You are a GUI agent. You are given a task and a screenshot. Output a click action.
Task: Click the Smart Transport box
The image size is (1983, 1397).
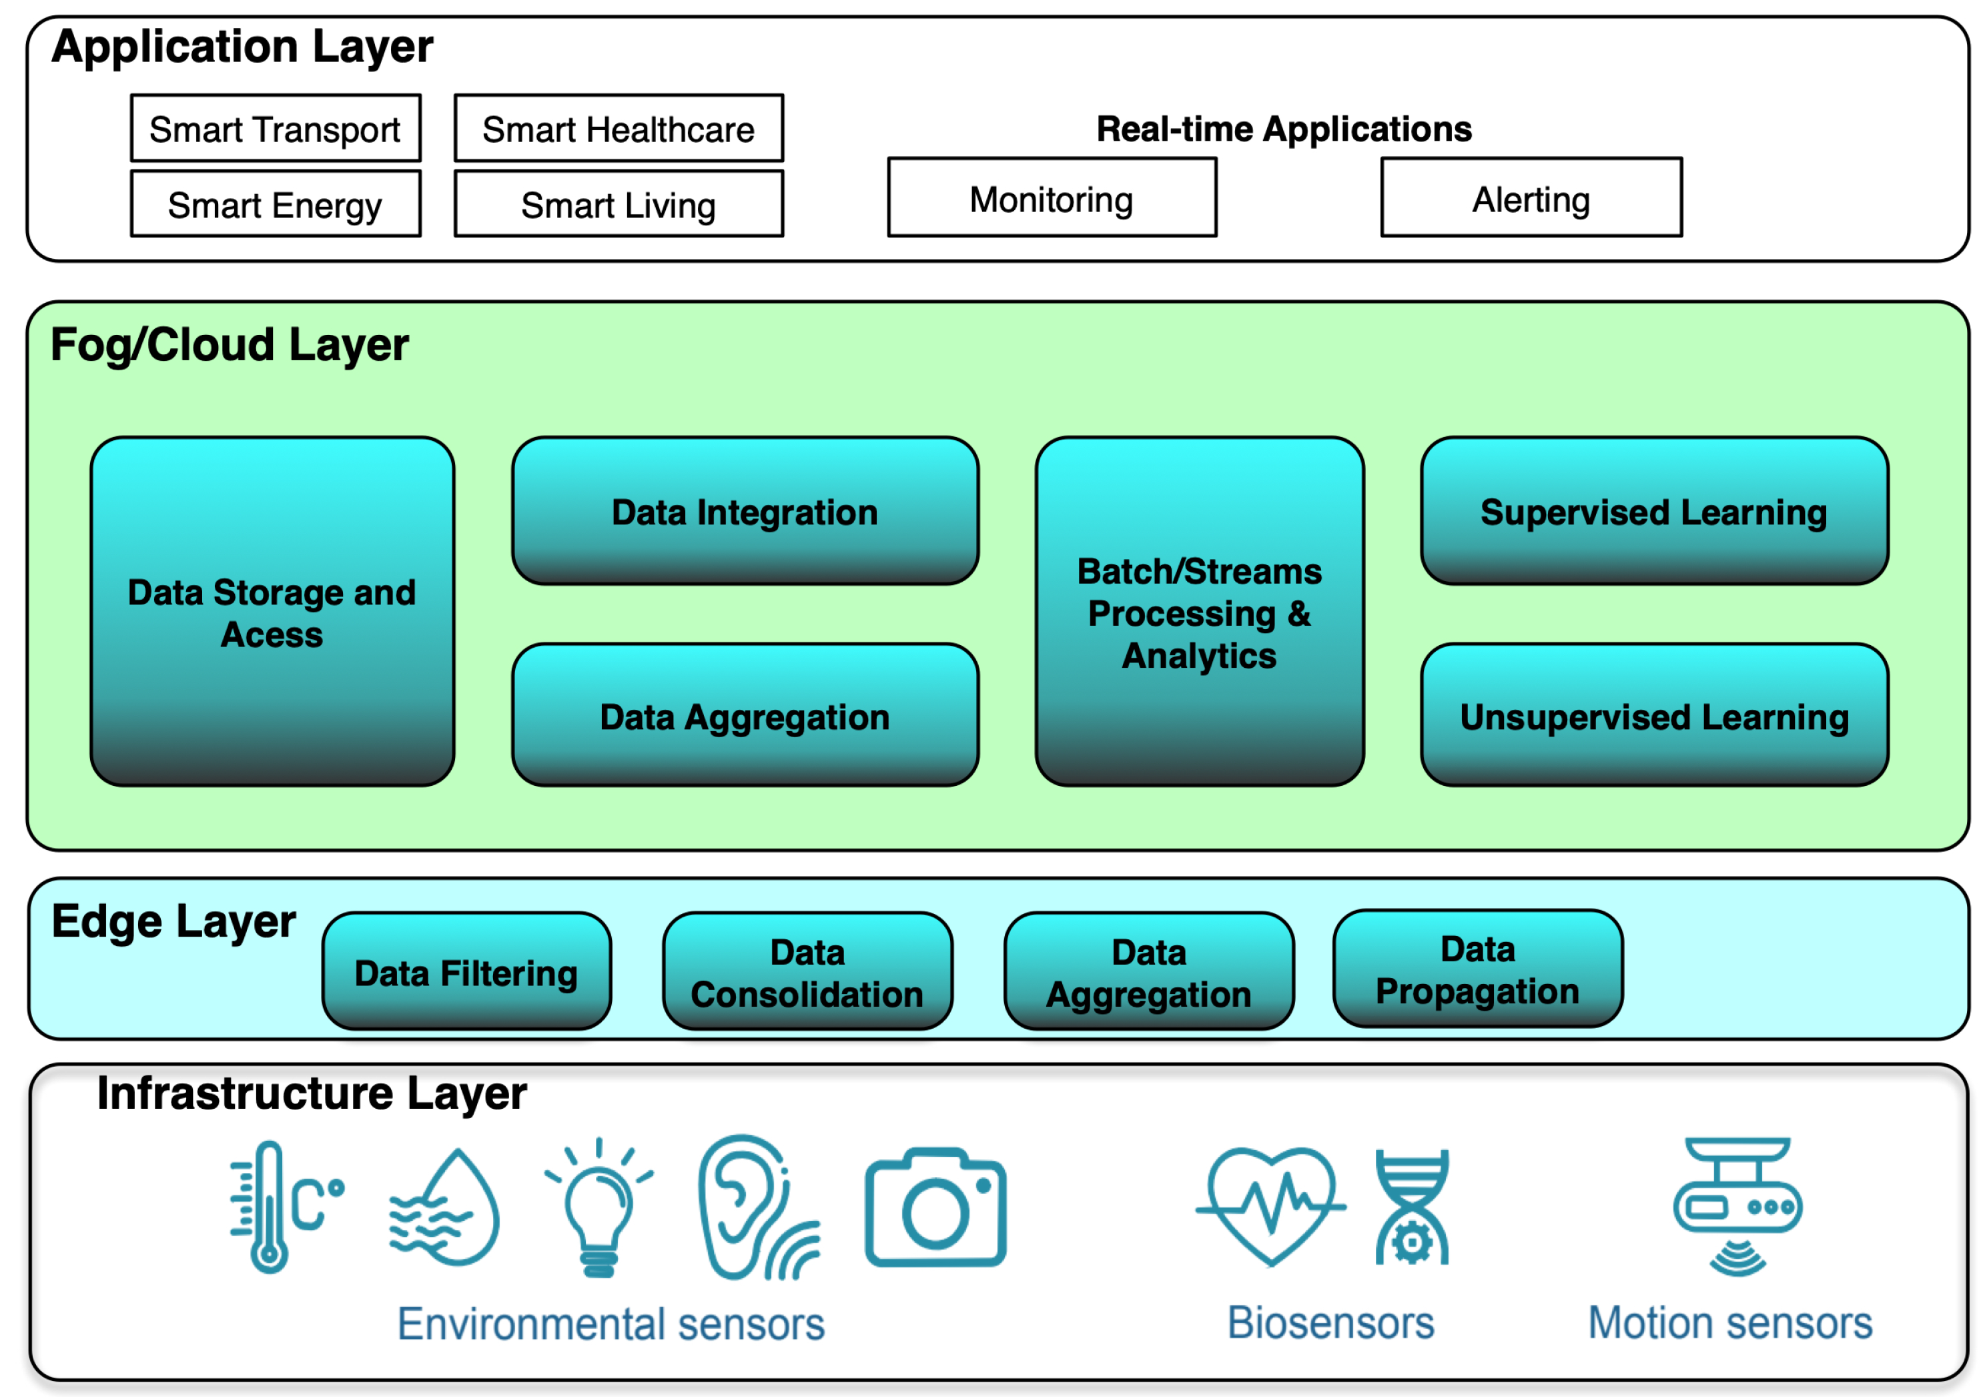[276, 129]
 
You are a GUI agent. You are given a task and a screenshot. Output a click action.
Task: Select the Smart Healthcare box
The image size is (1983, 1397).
[619, 129]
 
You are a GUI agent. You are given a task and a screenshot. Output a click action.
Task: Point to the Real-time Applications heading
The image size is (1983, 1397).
[1284, 129]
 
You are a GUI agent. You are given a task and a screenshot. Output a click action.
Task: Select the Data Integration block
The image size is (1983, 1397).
[745, 511]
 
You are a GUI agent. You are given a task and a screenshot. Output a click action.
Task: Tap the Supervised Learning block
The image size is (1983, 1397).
[1653, 511]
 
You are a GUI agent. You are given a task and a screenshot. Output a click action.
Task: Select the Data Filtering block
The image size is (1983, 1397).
[466, 971]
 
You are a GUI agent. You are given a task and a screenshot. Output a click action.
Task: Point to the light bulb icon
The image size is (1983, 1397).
[599, 1209]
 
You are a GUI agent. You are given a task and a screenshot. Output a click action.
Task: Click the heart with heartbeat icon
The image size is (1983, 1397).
[1270, 1204]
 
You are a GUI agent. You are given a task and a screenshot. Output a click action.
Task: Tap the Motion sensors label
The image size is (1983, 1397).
[1730, 1323]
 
